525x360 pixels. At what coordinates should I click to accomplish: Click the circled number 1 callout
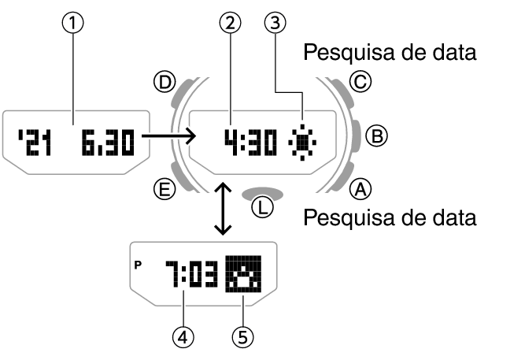pyautogui.click(x=73, y=24)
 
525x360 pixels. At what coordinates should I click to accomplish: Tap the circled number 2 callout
pyautogui.click(x=230, y=24)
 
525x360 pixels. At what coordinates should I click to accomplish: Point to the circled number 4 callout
pyautogui.click(x=183, y=336)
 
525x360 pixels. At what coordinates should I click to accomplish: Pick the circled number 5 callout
pyautogui.click(x=243, y=336)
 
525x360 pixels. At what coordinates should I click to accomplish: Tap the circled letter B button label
pyautogui.click(x=379, y=135)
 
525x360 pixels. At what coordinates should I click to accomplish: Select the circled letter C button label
pyautogui.click(x=360, y=80)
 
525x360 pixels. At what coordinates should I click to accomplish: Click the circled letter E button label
pyautogui.click(x=164, y=188)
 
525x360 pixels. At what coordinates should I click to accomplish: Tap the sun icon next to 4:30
pyautogui.click(x=301, y=142)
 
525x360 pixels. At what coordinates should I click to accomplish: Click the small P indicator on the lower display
pyautogui.click(x=140, y=264)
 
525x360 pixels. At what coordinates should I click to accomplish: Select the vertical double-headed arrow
pyautogui.click(x=223, y=208)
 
